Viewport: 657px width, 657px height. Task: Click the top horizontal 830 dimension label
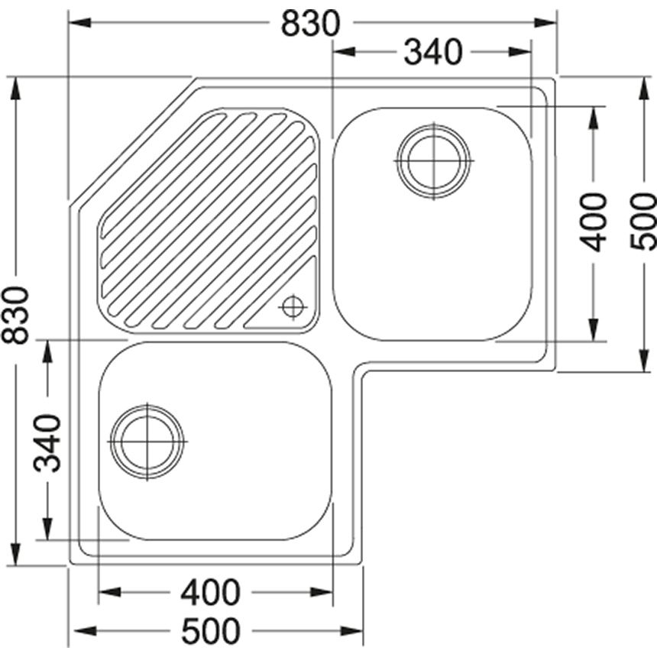[310, 23]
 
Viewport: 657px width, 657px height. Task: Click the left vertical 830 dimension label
[15, 315]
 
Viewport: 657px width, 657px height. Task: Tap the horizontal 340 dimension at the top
[433, 52]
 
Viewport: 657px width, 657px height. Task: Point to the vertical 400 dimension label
[593, 222]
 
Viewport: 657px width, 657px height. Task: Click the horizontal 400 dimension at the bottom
[210, 593]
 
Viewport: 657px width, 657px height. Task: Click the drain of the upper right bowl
[434, 161]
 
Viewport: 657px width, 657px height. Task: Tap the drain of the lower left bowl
[147, 442]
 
